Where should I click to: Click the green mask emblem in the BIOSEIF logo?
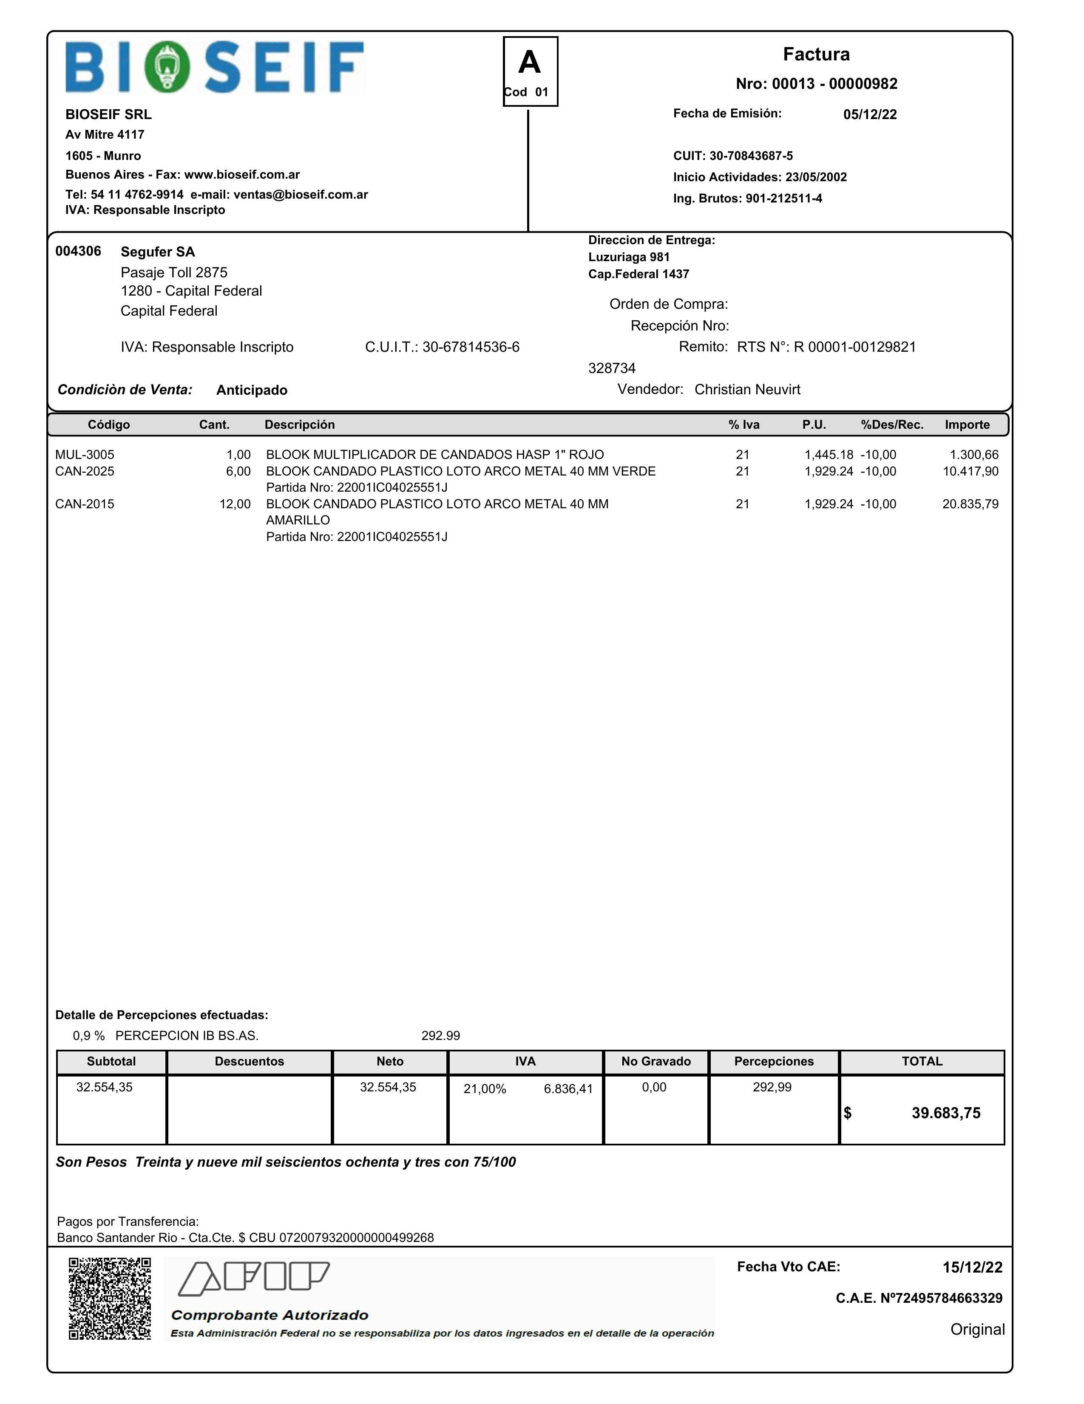tap(167, 67)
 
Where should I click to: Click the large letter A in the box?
tap(530, 63)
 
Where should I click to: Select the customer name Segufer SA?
tap(157, 252)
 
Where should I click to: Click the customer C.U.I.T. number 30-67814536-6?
tap(470, 347)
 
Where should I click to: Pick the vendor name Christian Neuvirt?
tap(747, 390)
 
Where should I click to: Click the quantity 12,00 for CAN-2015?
tap(235, 504)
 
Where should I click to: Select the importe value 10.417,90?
tap(970, 471)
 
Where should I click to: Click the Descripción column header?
tap(299, 425)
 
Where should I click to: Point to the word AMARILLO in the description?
tap(298, 520)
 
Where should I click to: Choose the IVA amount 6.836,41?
tap(568, 1089)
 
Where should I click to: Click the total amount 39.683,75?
tap(946, 1114)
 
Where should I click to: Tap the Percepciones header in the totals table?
tap(774, 1061)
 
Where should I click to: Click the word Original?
tap(977, 1330)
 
